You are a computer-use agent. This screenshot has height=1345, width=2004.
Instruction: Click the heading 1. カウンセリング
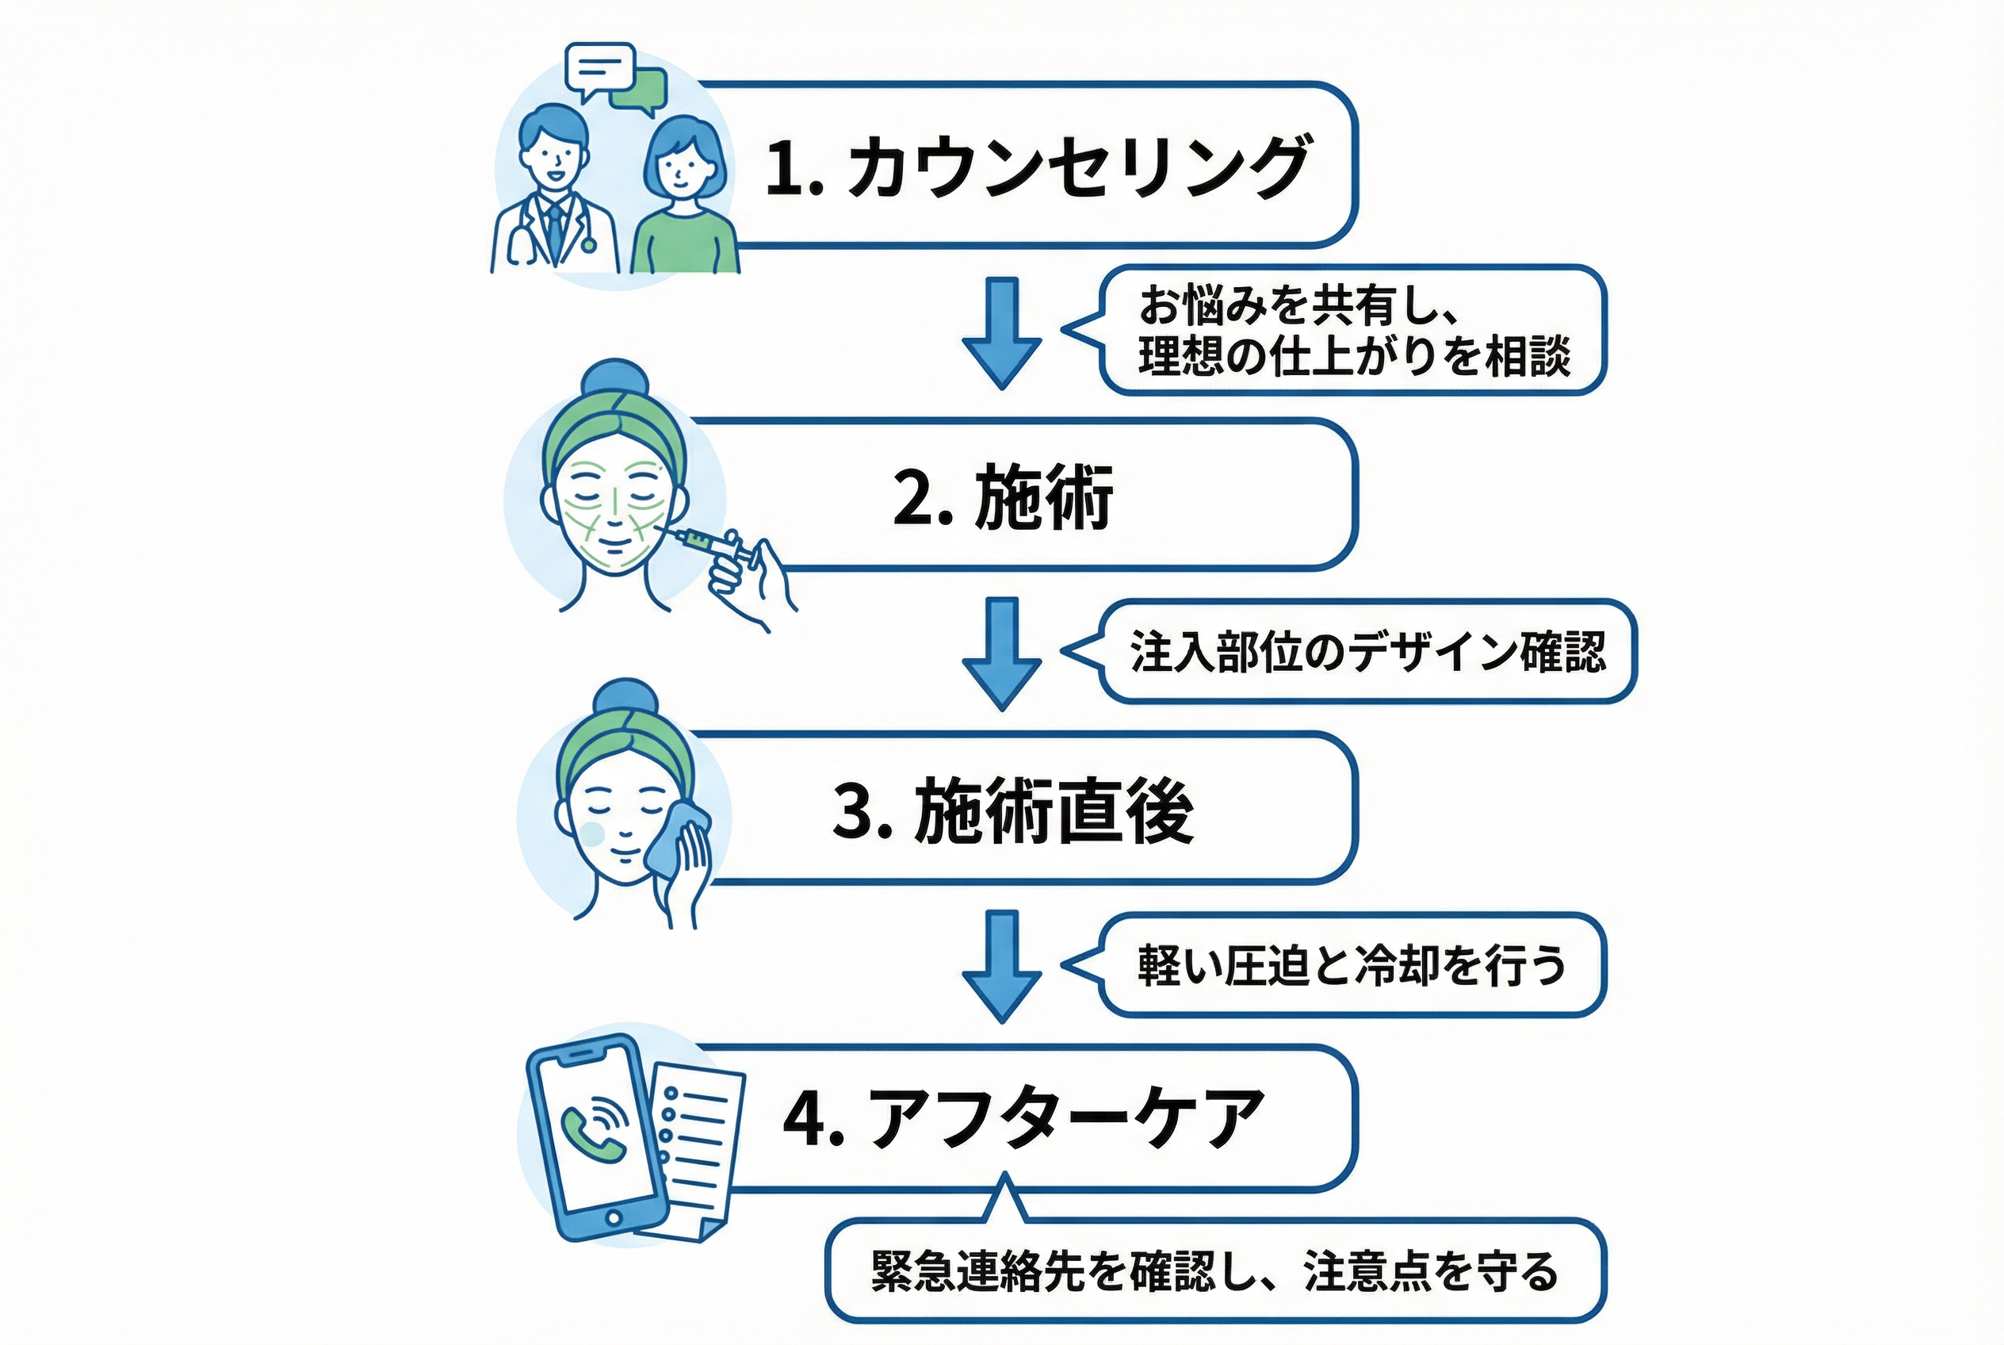coord(1037,167)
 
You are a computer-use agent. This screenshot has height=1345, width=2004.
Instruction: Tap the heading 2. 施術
coord(1003,496)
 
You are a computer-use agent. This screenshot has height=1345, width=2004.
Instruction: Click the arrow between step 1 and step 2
coord(1001,332)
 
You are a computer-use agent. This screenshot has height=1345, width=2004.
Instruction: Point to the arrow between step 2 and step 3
coord(1001,653)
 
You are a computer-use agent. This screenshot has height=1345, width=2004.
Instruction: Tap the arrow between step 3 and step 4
coord(1001,966)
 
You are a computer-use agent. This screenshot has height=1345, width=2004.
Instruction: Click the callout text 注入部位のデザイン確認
coord(1367,652)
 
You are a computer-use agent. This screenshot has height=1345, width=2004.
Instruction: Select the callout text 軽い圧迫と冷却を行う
coord(1352,966)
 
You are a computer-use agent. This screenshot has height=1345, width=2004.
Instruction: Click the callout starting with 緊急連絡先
coord(1214,1271)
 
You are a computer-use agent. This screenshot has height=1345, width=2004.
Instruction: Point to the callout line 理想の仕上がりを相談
coord(1354,356)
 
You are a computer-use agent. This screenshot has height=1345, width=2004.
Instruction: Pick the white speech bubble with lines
coord(599,67)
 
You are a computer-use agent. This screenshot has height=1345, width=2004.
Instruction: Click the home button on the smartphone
coord(613,1218)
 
